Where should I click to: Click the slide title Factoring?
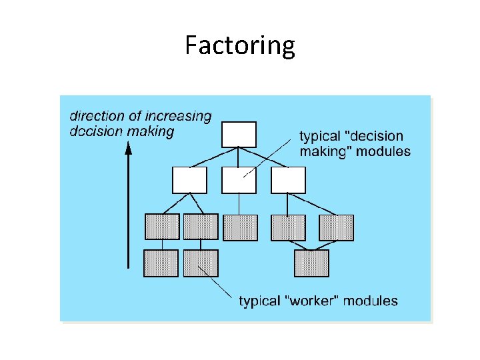coord(240,46)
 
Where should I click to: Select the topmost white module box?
coord(239,134)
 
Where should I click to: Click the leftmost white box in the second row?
coord(189,180)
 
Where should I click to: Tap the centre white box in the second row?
coord(239,180)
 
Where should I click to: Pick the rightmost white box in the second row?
coord(288,180)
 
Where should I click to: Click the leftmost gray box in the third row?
coord(162,227)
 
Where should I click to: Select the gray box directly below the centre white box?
coord(240,227)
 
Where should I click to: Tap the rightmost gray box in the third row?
coord(336,227)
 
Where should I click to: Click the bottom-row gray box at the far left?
coord(161,263)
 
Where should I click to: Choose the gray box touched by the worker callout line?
coord(201,263)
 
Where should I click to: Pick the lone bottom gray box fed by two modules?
coord(311,263)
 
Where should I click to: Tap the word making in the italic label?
coord(151,131)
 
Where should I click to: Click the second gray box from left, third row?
coord(201,227)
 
